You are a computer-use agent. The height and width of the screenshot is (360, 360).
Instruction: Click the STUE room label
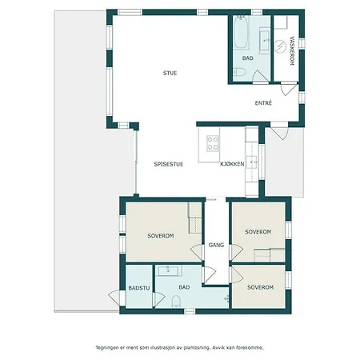(170, 73)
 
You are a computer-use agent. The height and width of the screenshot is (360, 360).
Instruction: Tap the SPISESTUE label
(169, 164)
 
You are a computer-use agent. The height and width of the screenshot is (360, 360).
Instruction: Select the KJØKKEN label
(232, 164)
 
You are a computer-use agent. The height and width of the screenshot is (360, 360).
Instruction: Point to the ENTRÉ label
(263, 103)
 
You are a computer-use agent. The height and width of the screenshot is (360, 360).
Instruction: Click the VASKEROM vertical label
(292, 50)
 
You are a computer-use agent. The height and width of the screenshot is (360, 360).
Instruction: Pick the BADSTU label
(139, 288)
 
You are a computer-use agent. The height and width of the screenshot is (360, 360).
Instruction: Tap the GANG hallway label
(216, 245)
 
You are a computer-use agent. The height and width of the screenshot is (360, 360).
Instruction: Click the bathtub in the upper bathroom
(242, 32)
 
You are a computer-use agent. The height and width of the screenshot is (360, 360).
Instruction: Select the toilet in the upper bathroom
(239, 72)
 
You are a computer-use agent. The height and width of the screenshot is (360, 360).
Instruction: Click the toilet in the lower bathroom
(176, 302)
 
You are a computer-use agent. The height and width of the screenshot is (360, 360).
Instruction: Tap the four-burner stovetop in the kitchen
(213, 143)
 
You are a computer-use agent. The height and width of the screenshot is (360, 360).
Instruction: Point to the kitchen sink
(252, 162)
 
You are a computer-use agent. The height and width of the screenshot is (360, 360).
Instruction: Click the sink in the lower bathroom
(169, 270)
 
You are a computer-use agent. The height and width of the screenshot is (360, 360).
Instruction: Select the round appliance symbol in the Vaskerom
(280, 46)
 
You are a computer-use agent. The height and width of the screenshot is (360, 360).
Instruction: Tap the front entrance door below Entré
(279, 132)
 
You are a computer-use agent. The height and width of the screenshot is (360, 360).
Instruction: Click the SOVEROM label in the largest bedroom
(161, 236)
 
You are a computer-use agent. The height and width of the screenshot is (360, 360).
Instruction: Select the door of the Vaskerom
(289, 88)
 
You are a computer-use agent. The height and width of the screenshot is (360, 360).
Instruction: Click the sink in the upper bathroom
(265, 40)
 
